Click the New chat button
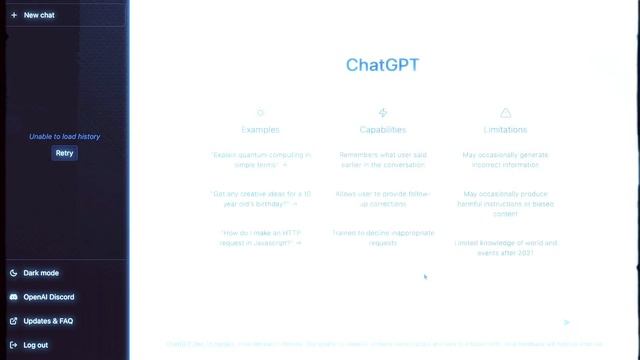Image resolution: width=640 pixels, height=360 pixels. click(x=39, y=16)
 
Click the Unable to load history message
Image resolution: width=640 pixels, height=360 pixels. click(x=64, y=136)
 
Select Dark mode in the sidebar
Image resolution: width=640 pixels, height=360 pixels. click(x=41, y=273)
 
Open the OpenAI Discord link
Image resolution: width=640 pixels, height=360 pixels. click(x=48, y=297)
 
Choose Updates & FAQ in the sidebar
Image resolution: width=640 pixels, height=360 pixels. click(x=48, y=321)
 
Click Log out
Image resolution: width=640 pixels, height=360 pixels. click(x=36, y=345)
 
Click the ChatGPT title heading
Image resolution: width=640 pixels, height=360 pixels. click(x=383, y=65)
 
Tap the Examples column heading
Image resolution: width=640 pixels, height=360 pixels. click(x=261, y=130)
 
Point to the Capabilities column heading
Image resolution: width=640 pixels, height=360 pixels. click(x=383, y=130)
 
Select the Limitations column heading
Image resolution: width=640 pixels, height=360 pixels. click(x=505, y=130)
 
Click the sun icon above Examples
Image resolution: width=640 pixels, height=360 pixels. click(x=261, y=113)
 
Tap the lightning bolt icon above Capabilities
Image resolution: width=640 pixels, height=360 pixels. click(x=383, y=113)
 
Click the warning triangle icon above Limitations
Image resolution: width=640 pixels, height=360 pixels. click(x=505, y=113)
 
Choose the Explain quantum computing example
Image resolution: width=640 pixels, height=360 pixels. click(x=261, y=160)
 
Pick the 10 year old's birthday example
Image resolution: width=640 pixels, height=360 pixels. click(x=261, y=198)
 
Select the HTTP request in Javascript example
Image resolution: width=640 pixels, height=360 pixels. click(x=261, y=237)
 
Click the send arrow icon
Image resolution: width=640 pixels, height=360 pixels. click(x=566, y=323)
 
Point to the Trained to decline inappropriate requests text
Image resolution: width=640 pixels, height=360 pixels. click(x=383, y=237)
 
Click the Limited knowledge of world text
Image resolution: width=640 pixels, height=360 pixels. click(x=505, y=247)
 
